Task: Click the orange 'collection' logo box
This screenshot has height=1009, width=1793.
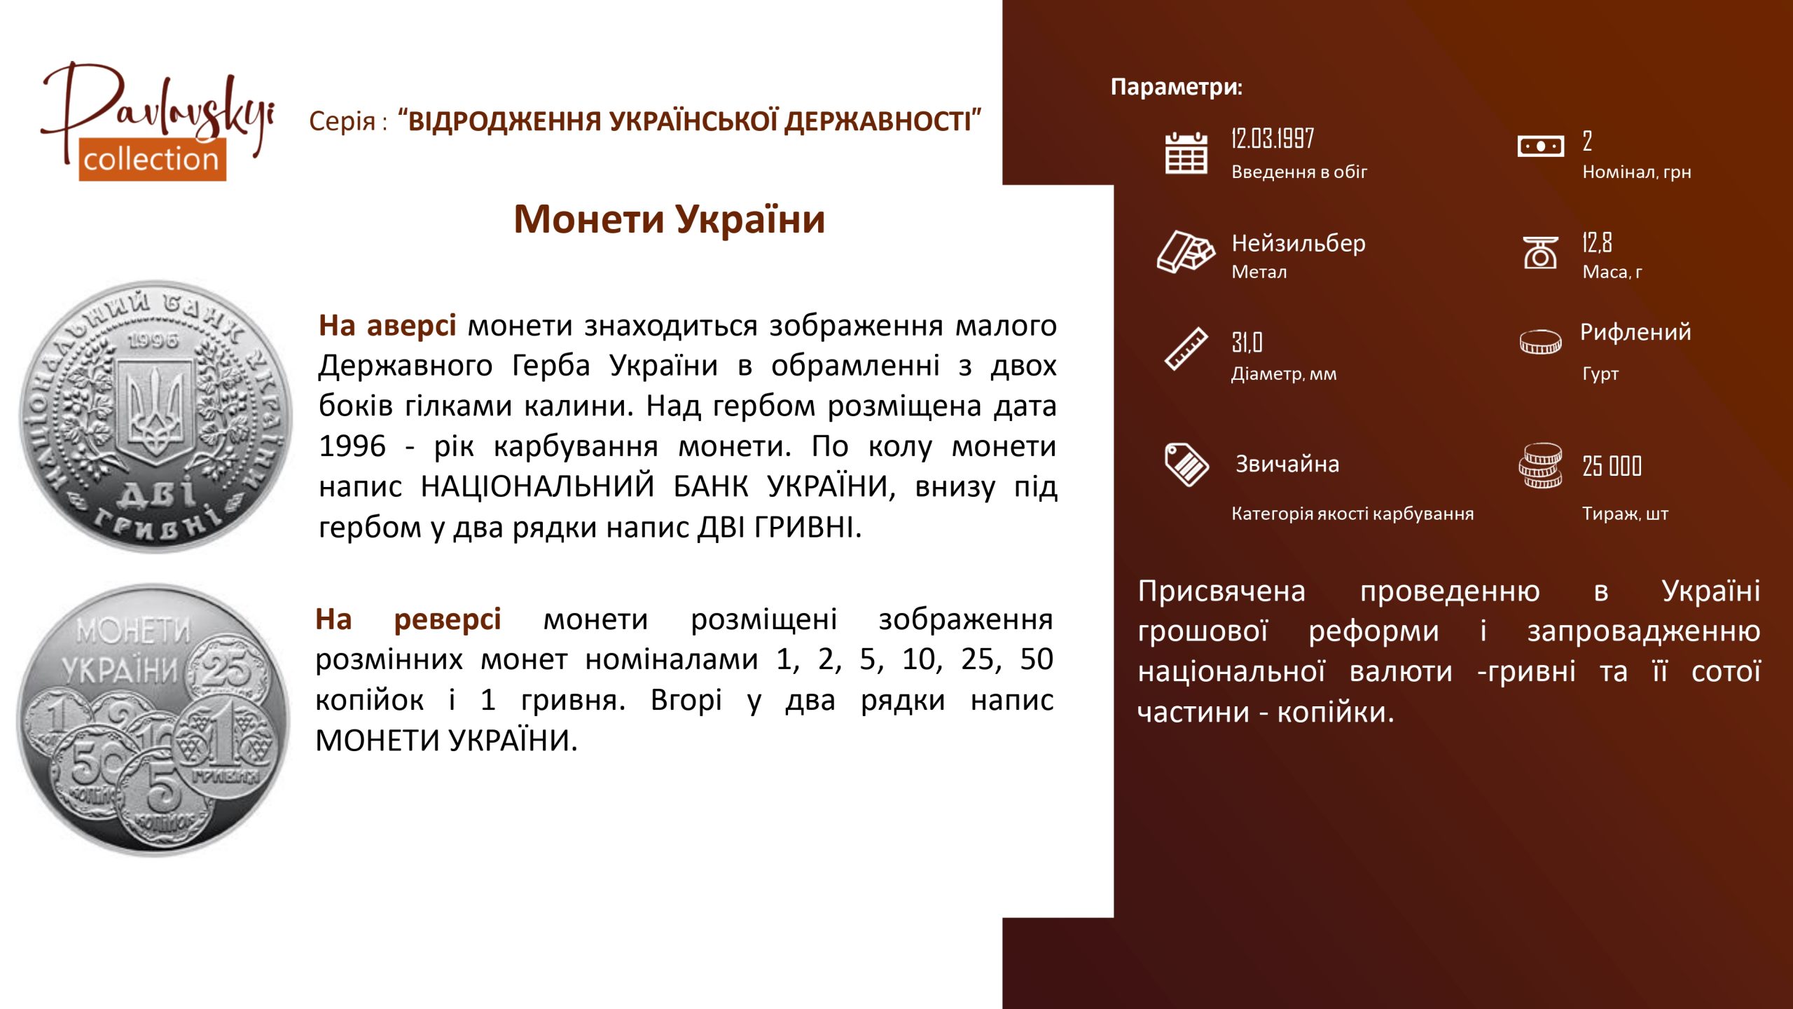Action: tap(152, 160)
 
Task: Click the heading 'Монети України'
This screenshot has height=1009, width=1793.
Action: tap(670, 219)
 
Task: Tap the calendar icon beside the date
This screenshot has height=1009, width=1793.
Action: tap(1186, 153)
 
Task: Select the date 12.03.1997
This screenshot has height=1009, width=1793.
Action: tap(1273, 139)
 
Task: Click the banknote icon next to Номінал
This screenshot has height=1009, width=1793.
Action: tap(1540, 146)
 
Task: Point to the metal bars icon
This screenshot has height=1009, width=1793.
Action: tap(1186, 251)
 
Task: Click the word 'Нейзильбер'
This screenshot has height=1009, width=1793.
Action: tap(1299, 243)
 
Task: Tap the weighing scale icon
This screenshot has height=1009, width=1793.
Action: tap(1540, 252)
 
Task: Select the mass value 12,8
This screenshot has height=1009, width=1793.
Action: tap(1597, 242)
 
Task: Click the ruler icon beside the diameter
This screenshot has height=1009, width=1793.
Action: tap(1186, 348)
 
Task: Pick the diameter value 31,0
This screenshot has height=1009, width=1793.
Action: tap(1247, 343)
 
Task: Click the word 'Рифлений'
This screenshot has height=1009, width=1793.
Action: tap(1635, 331)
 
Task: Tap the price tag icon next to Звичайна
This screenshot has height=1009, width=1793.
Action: tap(1186, 464)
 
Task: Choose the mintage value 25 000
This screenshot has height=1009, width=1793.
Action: tap(1612, 466)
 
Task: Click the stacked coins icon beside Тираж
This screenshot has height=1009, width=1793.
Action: tap(1540, 465)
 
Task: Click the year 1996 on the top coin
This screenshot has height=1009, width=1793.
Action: tap(153, 341)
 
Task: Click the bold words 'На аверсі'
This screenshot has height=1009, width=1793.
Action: tap(387, 326)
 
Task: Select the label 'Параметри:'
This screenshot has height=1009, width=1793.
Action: tap(1177, 87)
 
